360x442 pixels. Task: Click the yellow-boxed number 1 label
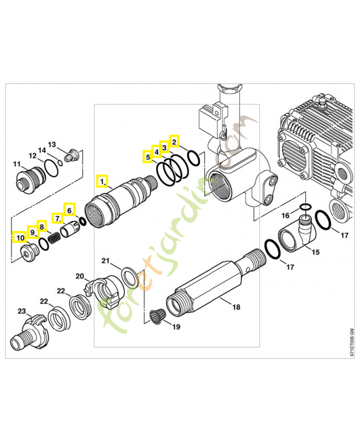coord(102,180)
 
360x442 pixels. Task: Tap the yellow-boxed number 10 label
coord(19,238)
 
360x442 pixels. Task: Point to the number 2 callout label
coord(174,141)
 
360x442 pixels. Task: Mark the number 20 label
coord(80,276)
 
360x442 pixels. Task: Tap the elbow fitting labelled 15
coord(295,234)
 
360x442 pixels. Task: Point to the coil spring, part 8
coord(54,238)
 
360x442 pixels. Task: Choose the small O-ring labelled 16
coord(304,208)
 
